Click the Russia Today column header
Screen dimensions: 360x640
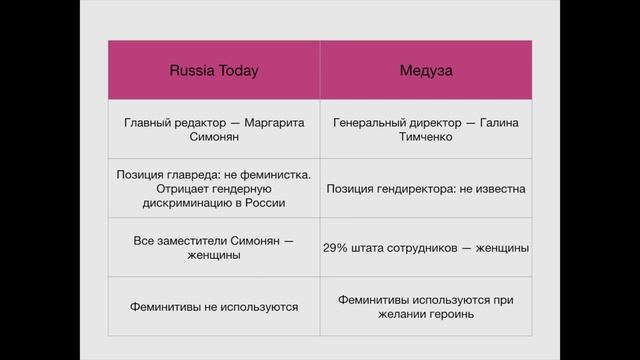[x=213, y=70]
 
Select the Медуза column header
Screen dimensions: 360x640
[x=426, y=70]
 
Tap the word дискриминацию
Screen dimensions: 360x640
[x=183, y=202]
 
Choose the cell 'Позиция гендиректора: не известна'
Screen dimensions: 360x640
[x=426, y=188]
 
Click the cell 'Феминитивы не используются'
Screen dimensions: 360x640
[x=213, y=306]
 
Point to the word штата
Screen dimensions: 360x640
[x=373, y=248]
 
